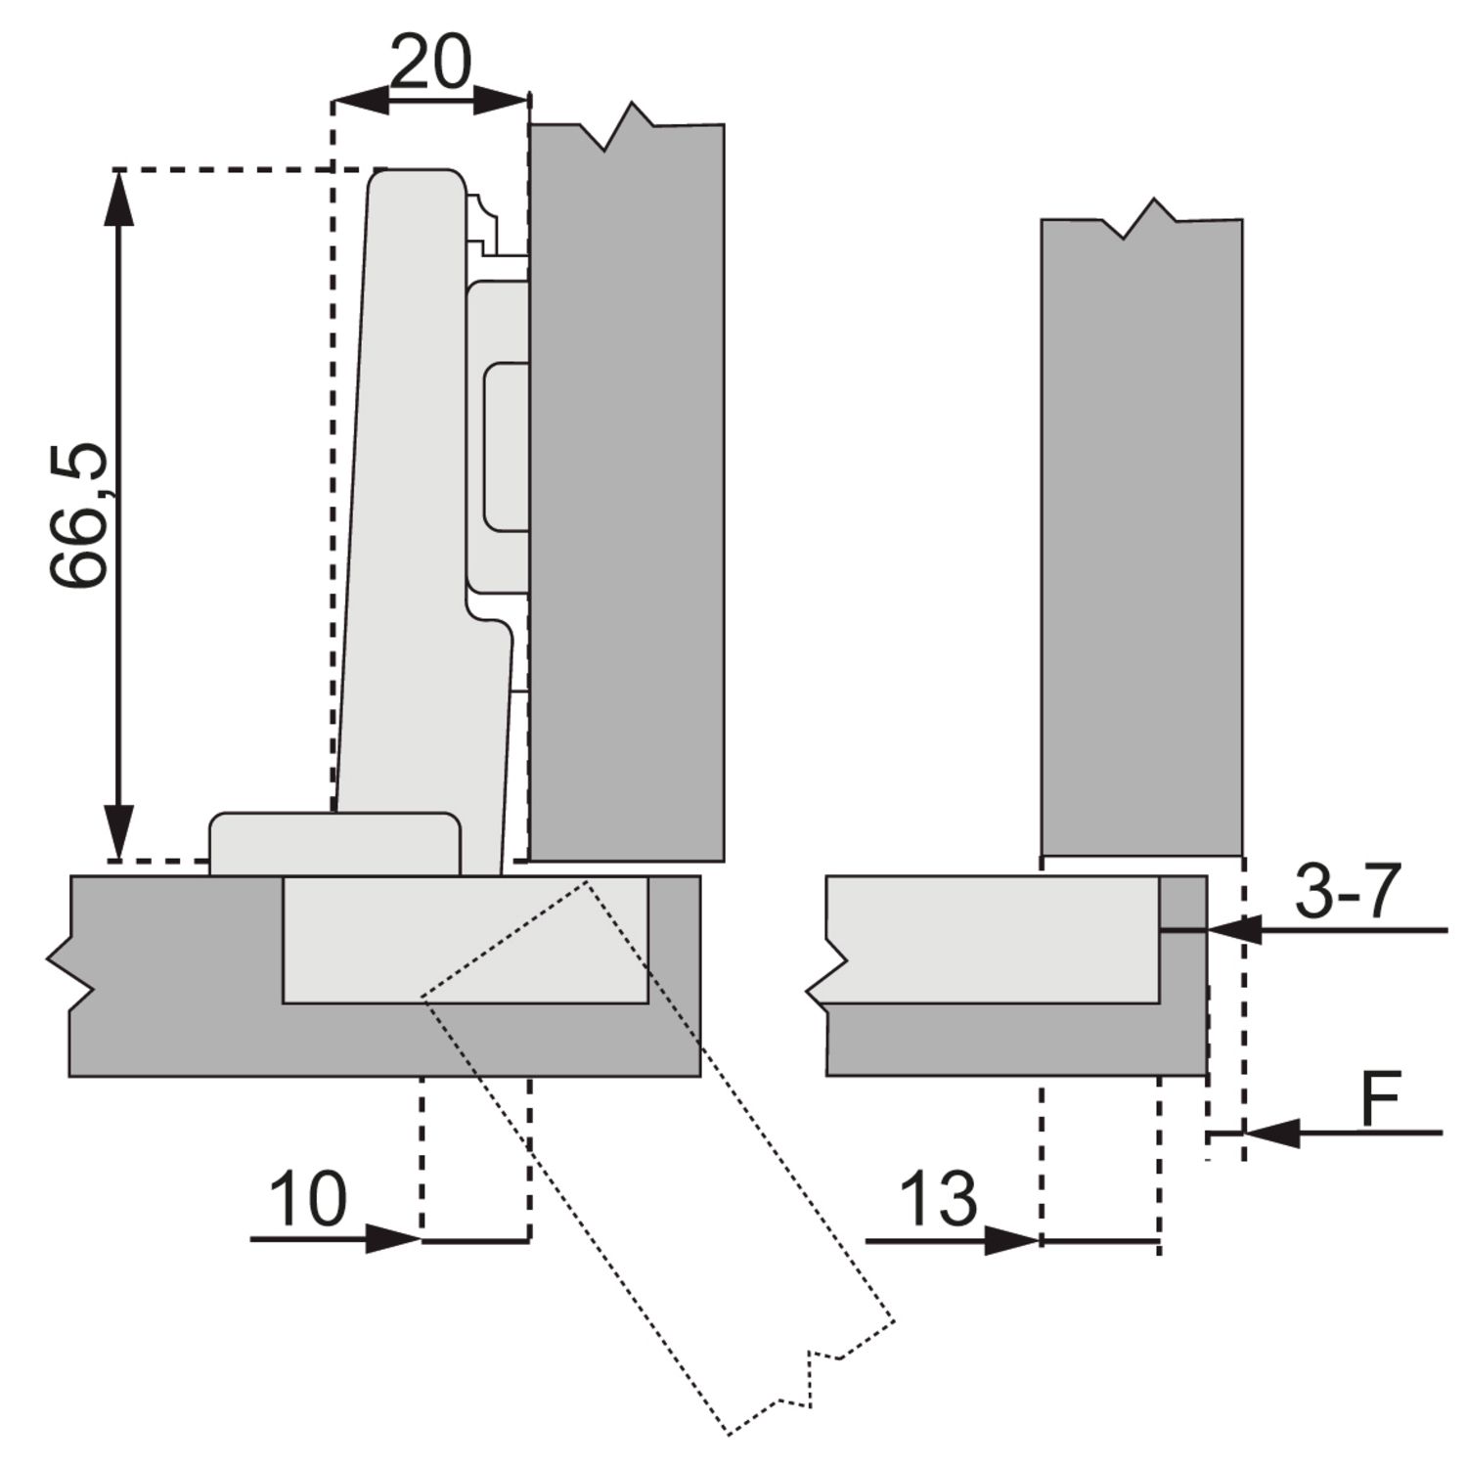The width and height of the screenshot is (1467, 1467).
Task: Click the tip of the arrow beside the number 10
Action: (422, 1239)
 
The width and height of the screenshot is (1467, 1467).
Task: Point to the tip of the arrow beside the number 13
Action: (1040, 1241)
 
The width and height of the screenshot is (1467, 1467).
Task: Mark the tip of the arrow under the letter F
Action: (1245, 1134)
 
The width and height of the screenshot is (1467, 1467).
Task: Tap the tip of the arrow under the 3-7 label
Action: (1209, 930)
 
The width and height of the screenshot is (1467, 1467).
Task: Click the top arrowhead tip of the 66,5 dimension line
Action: (118, 172)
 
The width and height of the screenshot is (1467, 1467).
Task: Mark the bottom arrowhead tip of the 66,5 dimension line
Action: (118, 861)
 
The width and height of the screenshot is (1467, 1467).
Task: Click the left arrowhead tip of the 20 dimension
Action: (333, 99)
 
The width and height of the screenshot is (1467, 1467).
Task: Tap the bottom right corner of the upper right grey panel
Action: (1242, 856)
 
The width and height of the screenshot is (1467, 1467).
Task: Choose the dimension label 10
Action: (307, 1198)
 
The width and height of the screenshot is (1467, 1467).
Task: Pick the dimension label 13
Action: (937, 1198)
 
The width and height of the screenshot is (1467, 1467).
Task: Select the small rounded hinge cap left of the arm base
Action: (334, 842)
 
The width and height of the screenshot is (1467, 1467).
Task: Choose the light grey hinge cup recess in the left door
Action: (466, 939)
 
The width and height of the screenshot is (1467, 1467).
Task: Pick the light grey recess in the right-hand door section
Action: (994, 939)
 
